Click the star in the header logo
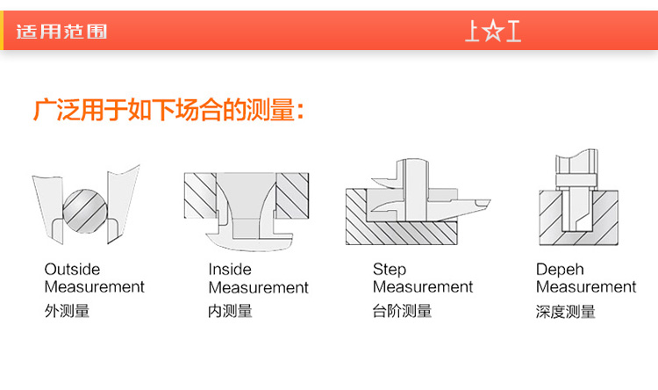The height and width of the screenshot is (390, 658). click(x=493, y=32)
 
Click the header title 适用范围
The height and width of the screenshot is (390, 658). click(x=61, y=32)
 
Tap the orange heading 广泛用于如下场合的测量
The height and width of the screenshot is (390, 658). click(x=168, y=110)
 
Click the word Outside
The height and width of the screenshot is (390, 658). click(x=72, y=269)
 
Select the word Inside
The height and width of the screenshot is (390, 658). click(x=230, y=269)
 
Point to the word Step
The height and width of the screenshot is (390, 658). click(x=390, y=270)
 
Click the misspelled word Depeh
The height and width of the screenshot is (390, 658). click(x=560, y=270)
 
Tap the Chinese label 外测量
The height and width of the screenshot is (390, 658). click(x=67, y=311)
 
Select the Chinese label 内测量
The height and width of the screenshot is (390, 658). click(x=230, y=311)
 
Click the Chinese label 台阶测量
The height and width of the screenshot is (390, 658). click(x=402, y=311)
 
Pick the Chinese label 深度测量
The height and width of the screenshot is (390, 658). click(x=566, y=312)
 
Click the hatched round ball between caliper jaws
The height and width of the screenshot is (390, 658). click(x=85, y=211)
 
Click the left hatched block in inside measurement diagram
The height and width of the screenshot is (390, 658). click(x=201, y=195)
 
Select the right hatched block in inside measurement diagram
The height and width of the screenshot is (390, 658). click(x=292, y=195)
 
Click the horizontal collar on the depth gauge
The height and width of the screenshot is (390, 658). click(x=576, y=180)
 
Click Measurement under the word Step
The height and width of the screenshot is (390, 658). click(x=423, y=287)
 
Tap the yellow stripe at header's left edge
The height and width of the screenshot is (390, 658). click(x=2, y=30)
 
